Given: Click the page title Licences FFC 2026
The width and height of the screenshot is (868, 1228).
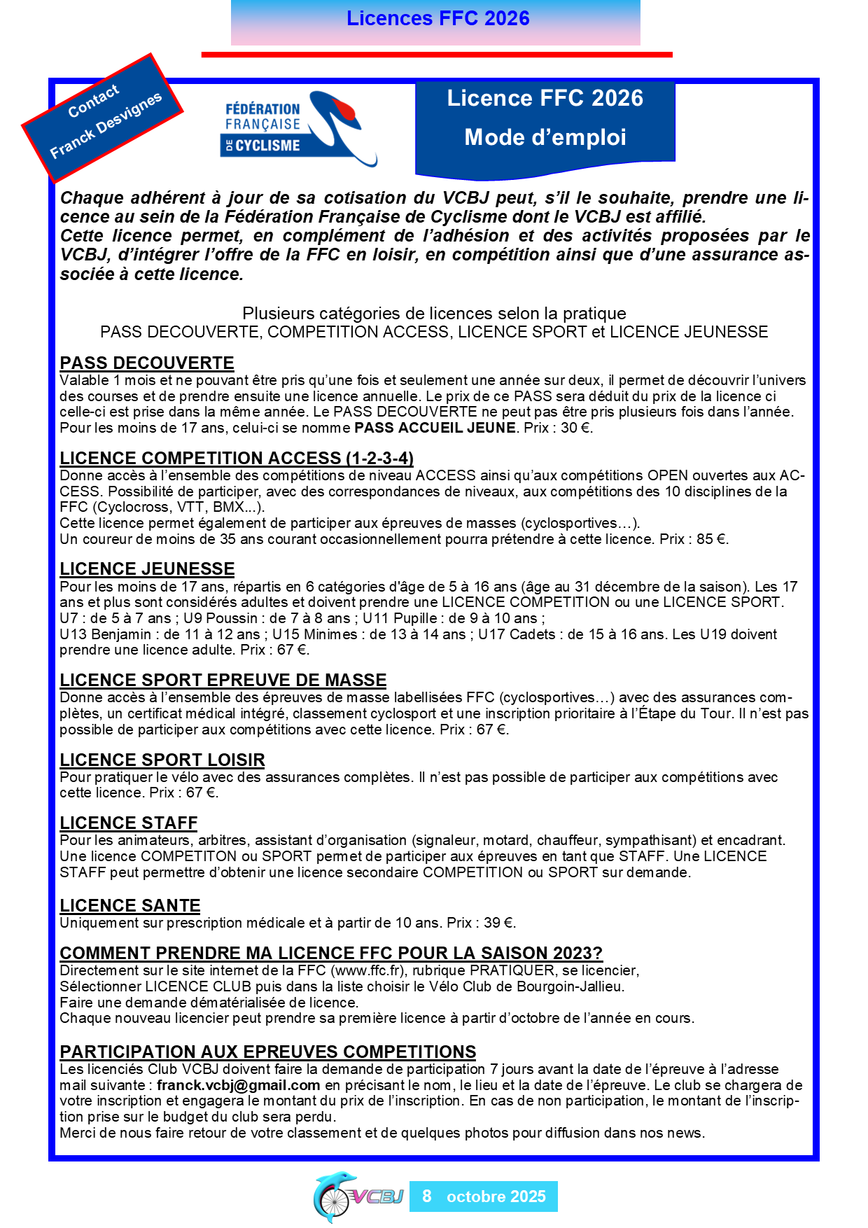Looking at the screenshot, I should (x=437, y=18).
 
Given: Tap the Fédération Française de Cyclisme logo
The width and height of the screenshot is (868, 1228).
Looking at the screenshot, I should (x=299, y=128).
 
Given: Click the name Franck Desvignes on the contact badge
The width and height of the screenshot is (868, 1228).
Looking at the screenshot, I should (x=106, y=125).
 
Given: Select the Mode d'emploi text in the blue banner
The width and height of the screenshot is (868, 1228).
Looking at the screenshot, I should (x=545, y=137).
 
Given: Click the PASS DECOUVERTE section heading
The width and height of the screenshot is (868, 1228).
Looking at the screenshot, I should (x=147, y=363).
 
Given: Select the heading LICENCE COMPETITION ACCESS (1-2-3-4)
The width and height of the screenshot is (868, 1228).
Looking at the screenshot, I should (x=237, y=458).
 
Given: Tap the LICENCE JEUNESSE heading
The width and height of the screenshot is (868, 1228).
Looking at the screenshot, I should (x=147, y=568).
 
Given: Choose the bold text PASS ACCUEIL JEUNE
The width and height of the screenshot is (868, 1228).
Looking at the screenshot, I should (x=435, y=428).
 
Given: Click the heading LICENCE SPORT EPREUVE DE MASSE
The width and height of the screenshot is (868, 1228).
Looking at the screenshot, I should (x=223, y=680).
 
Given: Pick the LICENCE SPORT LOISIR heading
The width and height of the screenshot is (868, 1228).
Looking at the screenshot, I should (x=162, y=760).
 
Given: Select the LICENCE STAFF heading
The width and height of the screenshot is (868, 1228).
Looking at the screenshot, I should (x=129, y=823).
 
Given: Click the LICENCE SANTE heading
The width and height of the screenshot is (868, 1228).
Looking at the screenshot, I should (x=130, y=905).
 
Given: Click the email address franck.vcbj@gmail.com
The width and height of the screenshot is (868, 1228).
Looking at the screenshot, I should (x=238, y=1085).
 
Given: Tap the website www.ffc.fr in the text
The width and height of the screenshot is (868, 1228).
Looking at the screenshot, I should (x=368, y=970).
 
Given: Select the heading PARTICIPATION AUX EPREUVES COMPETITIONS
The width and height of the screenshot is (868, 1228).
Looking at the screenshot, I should (x=267, y=1052).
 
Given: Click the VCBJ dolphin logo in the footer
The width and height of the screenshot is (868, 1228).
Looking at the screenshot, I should (x=357, y=1196).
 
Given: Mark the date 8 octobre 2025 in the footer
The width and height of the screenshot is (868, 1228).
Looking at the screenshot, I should (x=484, y=1196).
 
